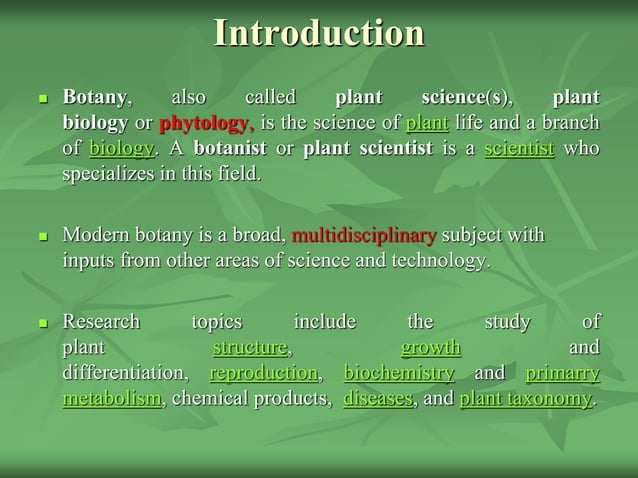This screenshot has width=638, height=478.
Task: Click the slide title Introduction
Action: coord(319,33)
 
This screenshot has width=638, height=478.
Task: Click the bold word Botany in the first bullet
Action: coord(95,97)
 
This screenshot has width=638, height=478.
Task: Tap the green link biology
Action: coord(121,148)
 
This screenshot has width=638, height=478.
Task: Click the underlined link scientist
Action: coord(519,148)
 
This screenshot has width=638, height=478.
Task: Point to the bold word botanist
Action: coord(230,148)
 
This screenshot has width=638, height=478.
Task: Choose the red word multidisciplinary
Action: coord(363,236)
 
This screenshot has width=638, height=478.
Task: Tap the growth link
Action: coord(431,348)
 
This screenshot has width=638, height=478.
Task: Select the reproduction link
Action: coord(264,373)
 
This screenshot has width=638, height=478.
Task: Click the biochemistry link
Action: coord(399,373)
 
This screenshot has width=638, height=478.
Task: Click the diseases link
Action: coord(377,398)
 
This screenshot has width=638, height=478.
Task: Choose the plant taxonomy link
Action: coord(525,398)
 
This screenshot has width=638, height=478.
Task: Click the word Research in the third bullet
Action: coord(101,322)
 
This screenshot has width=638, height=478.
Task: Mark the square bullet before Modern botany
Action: coord(42,238)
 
